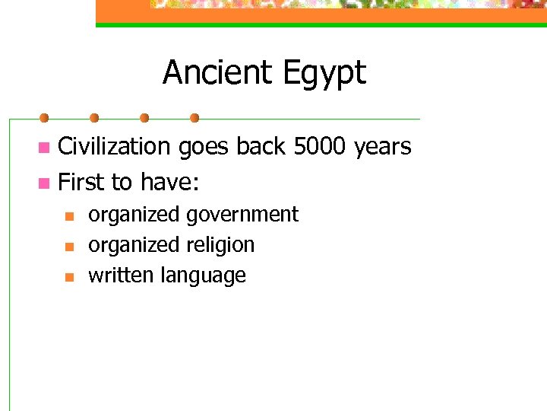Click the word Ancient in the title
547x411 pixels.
(x=207, y=73)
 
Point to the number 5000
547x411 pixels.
(x=321, y=146)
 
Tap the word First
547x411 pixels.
(x=81, y=183)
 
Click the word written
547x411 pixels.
(x=122, y=276)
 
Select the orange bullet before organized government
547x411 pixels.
(x=68, y=216)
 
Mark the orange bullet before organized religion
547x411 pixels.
(x=68, y=247)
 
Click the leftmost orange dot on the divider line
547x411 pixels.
(x=44, y=118)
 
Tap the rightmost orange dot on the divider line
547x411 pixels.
(x=194, y=118)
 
